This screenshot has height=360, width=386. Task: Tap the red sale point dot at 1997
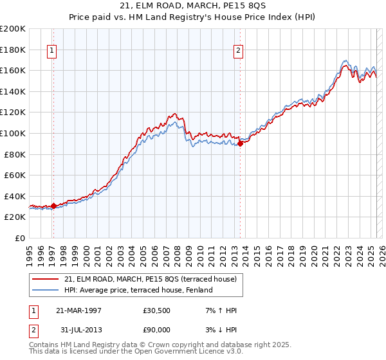(x=54, y=206)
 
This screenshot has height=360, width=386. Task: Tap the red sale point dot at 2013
(x=240, y=144)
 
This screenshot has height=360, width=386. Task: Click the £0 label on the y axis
(x=20, y=238)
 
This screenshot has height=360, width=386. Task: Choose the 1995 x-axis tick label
(x=30, y=253)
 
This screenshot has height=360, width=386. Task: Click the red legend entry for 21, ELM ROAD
(x=151, y=279)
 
